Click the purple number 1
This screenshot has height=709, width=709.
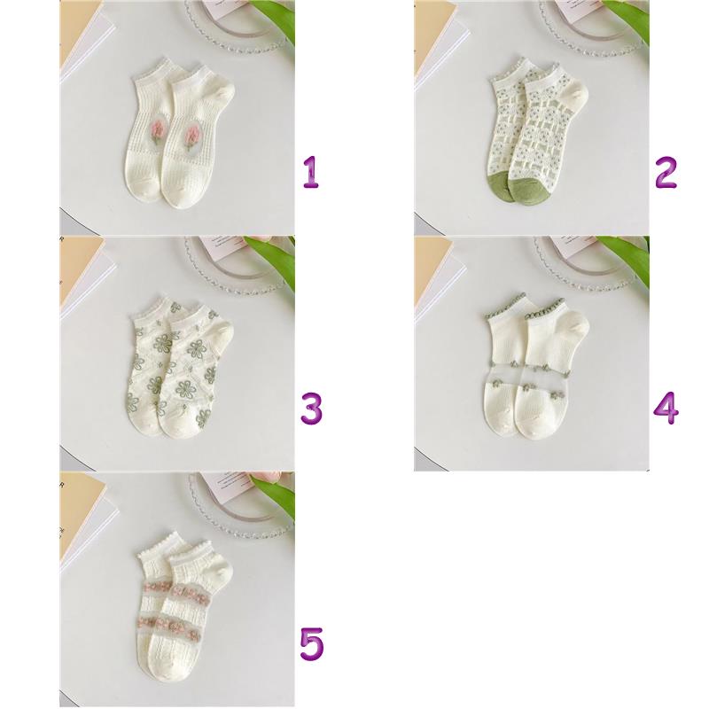(x=311, y=172)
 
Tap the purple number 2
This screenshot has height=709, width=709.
(x=666, y=172)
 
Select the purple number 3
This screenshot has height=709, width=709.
(x=312, y=409)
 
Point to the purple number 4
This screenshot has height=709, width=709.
(x=666, y=409)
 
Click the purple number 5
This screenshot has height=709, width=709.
(x=312, y=644)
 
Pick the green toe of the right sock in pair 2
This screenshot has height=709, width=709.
(x=527, y=190)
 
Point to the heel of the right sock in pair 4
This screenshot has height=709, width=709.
(x=577, y=326)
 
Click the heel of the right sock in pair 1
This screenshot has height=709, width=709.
(x=222, y=94)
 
